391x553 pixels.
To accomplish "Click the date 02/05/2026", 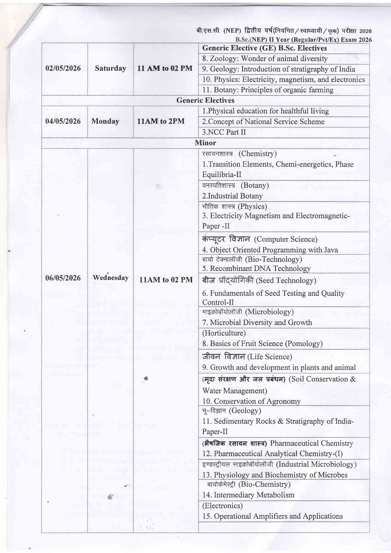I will (63, 68).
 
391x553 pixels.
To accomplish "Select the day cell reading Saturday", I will (110, 68).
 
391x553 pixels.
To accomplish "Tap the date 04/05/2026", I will (63, 121).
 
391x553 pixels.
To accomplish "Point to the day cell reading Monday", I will (105, 121).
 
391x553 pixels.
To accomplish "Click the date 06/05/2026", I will (63, 278).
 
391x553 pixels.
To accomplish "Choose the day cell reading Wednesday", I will (110, 278).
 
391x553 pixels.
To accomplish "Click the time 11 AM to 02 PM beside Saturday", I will (165, 68).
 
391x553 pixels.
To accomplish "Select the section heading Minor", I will (205, 143).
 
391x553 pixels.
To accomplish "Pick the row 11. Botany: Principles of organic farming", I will (268, 90).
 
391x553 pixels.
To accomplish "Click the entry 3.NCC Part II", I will (224, 132).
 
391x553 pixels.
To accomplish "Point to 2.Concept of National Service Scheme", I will (263, 122).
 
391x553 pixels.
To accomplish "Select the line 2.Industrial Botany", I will (233, 196).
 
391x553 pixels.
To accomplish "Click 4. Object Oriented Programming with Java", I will (270, 250).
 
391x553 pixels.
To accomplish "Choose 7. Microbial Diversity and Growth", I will (257, 322).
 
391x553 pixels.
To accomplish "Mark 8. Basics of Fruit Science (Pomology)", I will (262, 344).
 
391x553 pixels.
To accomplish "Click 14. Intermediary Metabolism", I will (249, 495).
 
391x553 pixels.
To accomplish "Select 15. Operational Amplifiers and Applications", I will (273, 516).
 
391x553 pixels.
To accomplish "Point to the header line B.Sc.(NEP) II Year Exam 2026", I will (304, 40).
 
